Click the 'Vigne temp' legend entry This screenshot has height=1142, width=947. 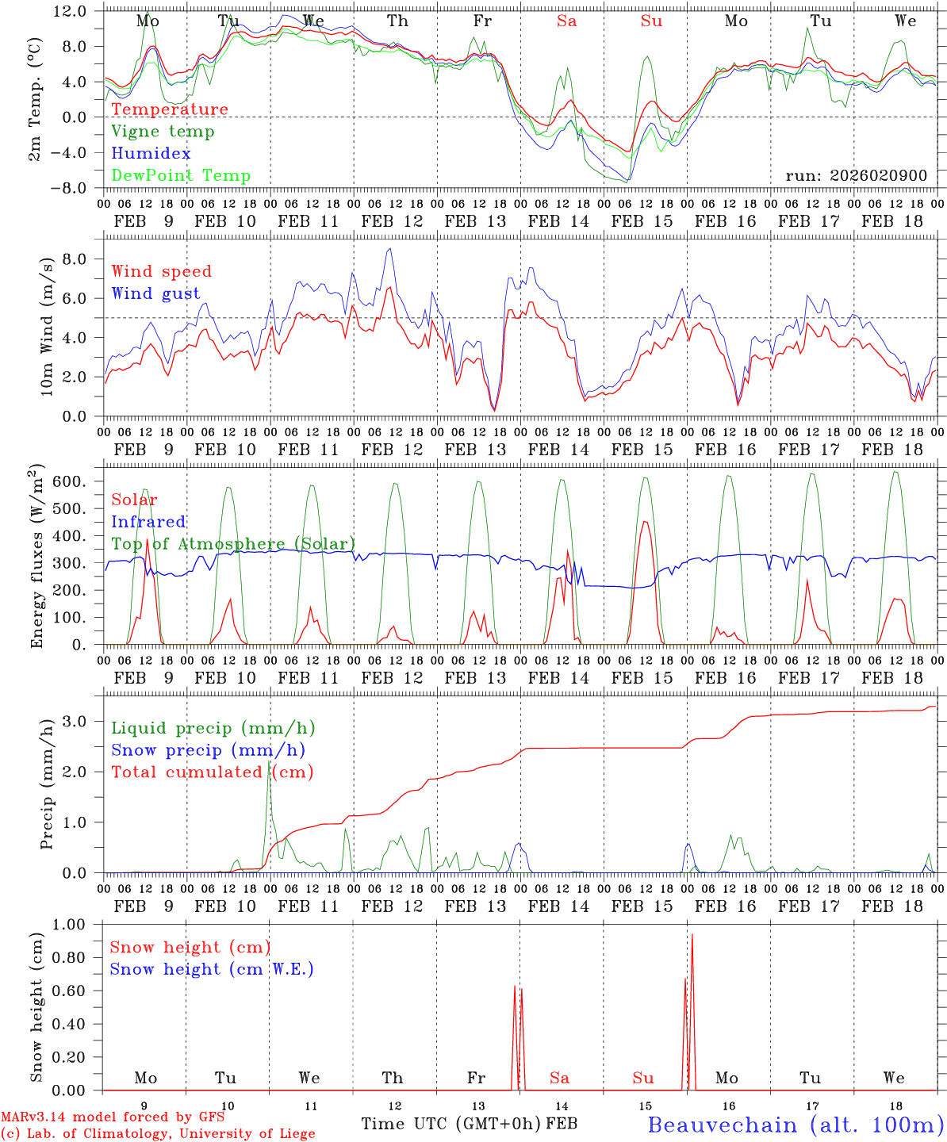163,132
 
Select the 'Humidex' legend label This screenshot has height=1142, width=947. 151,154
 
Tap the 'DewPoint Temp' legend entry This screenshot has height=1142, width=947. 181,176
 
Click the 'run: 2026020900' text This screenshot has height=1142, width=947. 856,176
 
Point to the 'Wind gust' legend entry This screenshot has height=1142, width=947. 155,294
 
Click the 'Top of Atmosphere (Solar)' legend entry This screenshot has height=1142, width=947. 233,544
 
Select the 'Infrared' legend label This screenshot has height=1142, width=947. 148,522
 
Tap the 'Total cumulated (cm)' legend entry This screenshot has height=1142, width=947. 212,772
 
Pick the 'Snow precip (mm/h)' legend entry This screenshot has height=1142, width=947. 208,750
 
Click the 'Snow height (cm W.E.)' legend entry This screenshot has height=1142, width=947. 212,969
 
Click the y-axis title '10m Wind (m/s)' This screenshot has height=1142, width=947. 47,327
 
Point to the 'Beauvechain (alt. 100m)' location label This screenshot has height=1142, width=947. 796,1125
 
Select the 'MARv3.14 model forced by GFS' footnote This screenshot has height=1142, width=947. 113,1117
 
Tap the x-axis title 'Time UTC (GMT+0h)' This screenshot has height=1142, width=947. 451,1124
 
